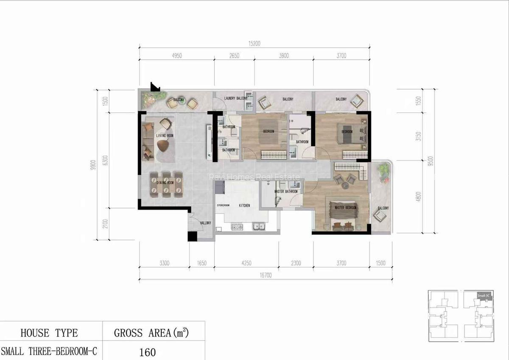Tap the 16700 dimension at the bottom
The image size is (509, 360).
click(266, 276)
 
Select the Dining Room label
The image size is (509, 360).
click(165, 183)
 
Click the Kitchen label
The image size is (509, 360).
click(244, 205)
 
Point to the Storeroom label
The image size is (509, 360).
click(223, 205)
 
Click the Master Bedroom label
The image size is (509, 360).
click(345, 208)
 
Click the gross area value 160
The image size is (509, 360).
click(148, 352)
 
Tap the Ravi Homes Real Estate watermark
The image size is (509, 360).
click(255, 177)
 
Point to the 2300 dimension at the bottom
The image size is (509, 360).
click(296, 263)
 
